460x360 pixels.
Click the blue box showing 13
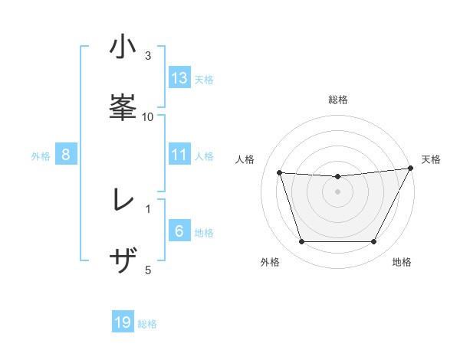click(x=179, y=78)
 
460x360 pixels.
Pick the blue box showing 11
click(x=179, y=155)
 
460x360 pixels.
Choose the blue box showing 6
click(x=179, y=231)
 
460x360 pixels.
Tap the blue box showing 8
click(x=66, y=155)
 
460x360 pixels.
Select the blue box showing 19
click(x=123, y=322)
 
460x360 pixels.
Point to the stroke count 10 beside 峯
click(x=148, y=116)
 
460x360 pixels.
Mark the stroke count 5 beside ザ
click(x=148, y=269)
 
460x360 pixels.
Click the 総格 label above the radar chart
click(x=338, y=100)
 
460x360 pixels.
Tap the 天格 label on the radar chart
click(x=431, y=159)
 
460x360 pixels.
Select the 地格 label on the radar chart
click(x=402, y=262)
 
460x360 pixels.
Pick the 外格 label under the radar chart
click(x=270, y=262)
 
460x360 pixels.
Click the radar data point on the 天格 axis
click(x=412, y=168)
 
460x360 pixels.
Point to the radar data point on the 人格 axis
click(x=279, y=172)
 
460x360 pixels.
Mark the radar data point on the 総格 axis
click(x=337, y=176)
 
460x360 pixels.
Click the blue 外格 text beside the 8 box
click(x=41, y=155)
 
